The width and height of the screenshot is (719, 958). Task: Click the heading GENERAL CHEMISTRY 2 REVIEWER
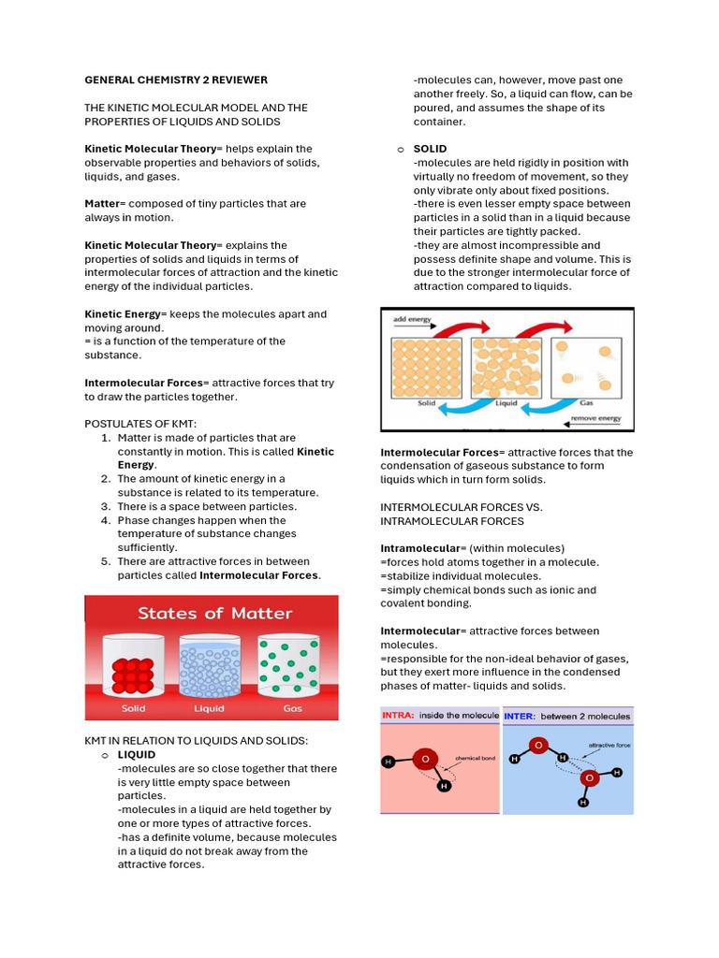point(176,80)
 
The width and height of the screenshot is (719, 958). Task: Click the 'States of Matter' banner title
point(215,614)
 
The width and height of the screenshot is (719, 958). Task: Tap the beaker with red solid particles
point(133,670)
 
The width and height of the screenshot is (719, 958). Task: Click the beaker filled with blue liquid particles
point(210,670)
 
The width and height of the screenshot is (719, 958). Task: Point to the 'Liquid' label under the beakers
point(209,708)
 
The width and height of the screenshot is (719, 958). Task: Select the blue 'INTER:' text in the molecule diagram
point(521,716)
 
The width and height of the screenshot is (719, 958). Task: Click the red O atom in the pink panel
point(426,758)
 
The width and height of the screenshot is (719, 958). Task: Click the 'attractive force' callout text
point(608,746)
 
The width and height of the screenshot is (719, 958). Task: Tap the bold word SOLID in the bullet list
point(430,149)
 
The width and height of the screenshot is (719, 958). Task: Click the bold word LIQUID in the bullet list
point(136,754)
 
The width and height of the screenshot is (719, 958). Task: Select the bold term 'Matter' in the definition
point(103,203)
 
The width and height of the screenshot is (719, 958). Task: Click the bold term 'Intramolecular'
point(420,547)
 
